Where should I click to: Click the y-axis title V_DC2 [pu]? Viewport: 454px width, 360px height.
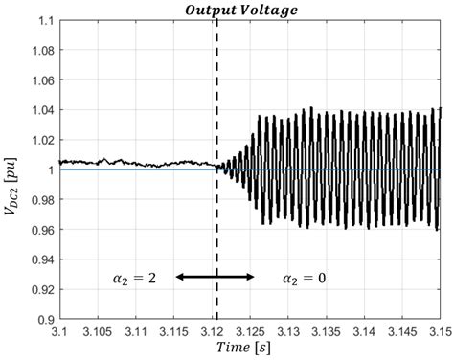(13, 171)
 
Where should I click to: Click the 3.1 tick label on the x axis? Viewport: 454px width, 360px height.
(59, 331)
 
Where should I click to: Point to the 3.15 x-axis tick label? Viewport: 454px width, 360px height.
(437, 331)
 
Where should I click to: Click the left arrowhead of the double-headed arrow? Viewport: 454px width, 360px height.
(180, 277)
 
